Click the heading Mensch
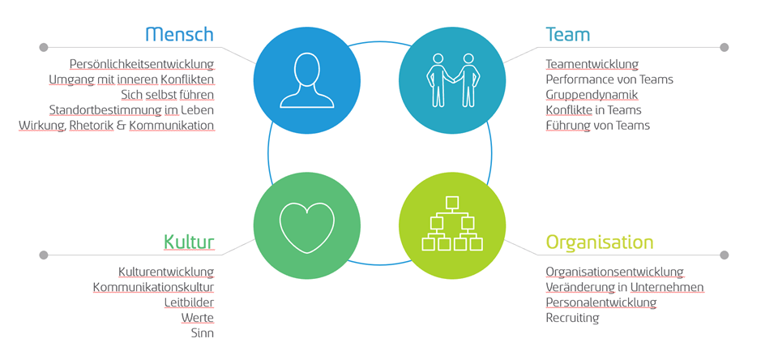[x=180, y=34]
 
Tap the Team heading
[x=568, y=34]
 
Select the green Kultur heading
[x=189, y=242]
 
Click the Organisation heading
[x=600, y=242]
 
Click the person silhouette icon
[x=307, y=80]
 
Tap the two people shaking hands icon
[x=452, y=80]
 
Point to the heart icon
[x=307, y=227]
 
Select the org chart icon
[x=452, y=224]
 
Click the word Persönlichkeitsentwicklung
[x=142, y=64]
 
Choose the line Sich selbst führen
[x=168, y=94]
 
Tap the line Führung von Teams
[x=598, y=125]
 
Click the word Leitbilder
[x=189, y=302]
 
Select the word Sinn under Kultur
[x=203, y=332]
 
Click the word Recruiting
[x=573, y=317]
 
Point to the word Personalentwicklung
[x=601, y=302]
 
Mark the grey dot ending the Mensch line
[x=44, y=47]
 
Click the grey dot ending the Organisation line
[x=724, y=255]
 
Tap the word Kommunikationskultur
[x=153, y=287]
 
